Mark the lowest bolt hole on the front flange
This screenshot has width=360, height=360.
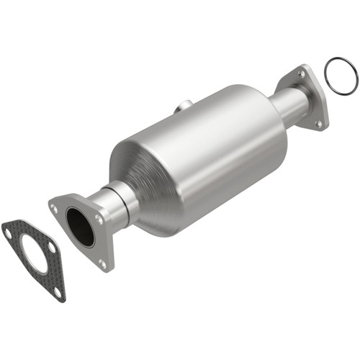point(102,264)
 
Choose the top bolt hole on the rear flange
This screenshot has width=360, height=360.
point(301,73)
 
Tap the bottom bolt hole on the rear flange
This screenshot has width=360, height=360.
point(318,124)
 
